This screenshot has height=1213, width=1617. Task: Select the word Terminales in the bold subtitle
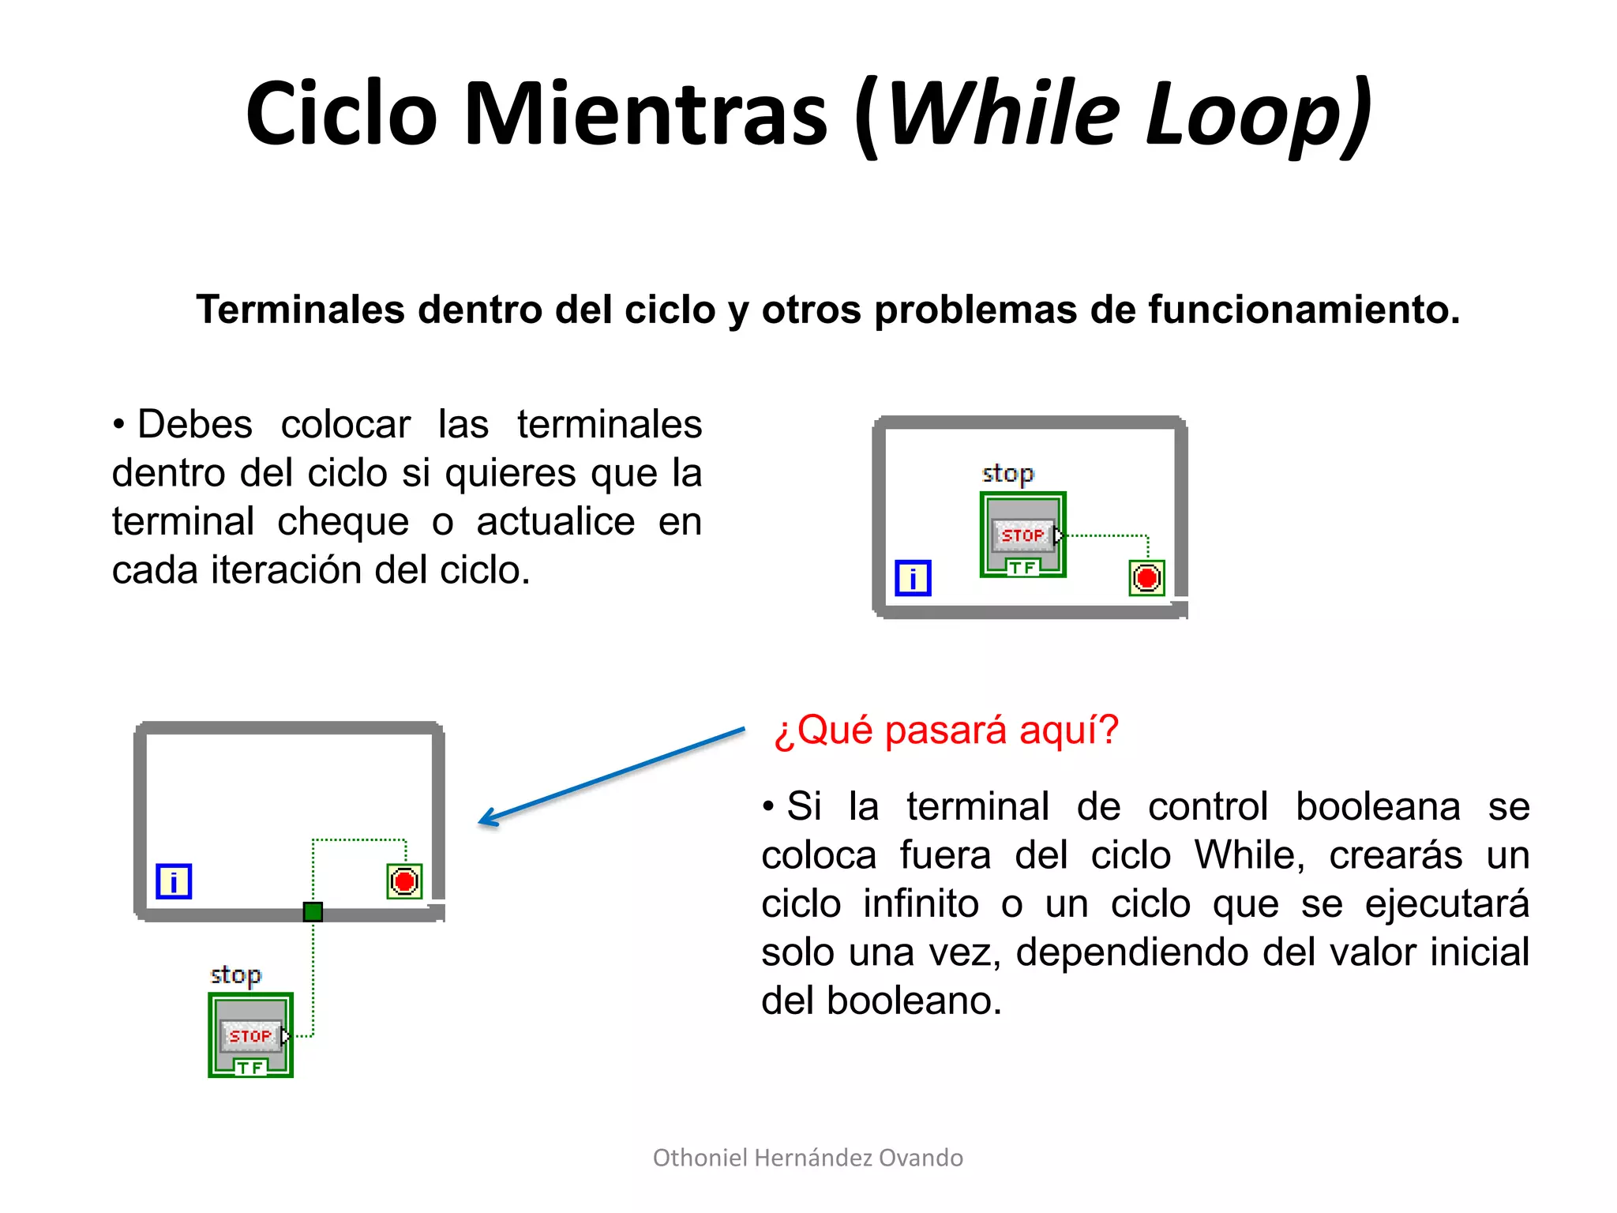(301, 309)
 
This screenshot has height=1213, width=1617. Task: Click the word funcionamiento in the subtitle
(1302, 309)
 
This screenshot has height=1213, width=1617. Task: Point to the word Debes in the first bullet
(194, 424)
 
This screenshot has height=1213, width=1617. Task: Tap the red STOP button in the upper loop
(1022, 535)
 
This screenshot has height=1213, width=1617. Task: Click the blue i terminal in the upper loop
(913, 577)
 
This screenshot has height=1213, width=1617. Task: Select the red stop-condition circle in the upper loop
(1146, 578)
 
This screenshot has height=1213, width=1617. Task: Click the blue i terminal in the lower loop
(174, 881)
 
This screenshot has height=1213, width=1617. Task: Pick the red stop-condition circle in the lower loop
(404, 881)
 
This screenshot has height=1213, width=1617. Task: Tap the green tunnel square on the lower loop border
(313, 912)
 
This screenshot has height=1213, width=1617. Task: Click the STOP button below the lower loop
(250, 1035)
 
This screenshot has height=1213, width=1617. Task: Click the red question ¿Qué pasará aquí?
(946, 730)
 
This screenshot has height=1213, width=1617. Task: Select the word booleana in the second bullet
(1378, 806)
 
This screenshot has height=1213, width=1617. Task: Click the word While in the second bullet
(1248, 855)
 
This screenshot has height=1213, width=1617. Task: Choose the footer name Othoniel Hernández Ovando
(808, 1158)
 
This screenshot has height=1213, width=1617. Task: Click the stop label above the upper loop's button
(1007, 473)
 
